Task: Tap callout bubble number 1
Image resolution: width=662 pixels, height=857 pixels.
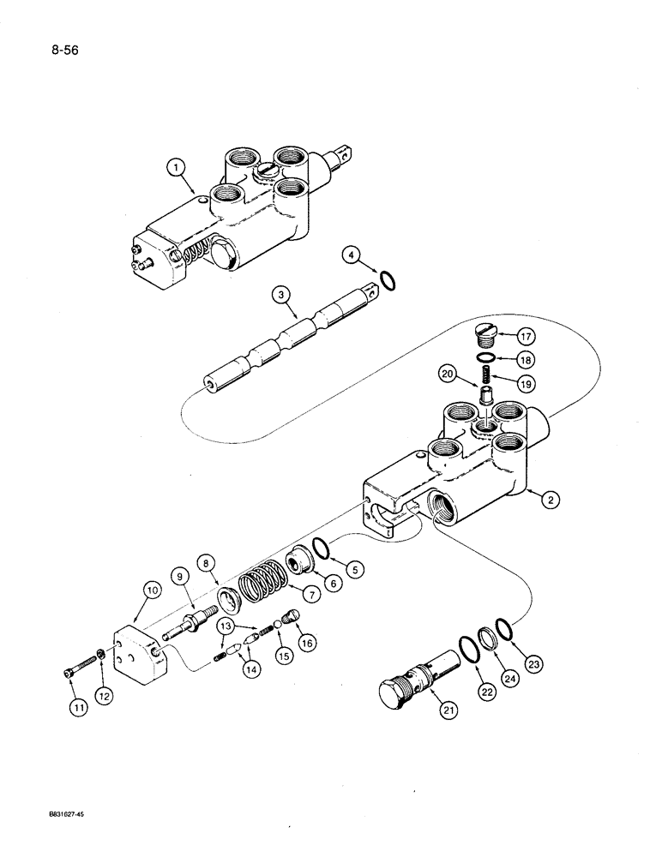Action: pyautogui.click(x=178, y=169)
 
